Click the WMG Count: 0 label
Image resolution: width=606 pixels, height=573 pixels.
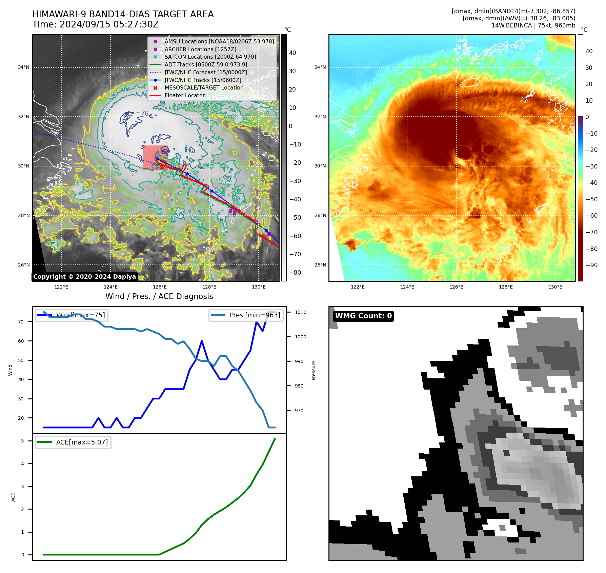tap(363, 316)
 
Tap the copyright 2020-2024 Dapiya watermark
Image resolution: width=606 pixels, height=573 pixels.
tap(84, 277)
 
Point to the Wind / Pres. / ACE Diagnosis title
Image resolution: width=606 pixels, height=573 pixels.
tap(159, 296)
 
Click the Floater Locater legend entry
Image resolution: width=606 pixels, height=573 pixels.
tap(184, 95)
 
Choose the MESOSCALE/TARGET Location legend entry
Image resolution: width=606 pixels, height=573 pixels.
tap(204, 87)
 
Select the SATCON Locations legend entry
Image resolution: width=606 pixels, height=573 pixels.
tap(210, 57)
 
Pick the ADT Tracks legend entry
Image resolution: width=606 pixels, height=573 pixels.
tap(206, 64)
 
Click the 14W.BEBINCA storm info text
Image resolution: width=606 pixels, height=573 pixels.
tap(533, 25)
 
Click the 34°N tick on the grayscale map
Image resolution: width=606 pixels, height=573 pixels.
tap(24, 67)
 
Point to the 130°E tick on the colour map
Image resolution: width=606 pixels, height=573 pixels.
tap(555, 287)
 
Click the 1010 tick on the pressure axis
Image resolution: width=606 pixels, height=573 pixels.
tap(300, 312)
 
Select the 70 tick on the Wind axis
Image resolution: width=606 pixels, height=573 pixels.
tap(21, 322)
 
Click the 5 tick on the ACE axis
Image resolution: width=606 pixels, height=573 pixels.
tap(23, 441)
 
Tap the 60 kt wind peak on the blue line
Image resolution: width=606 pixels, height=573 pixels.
tap(202, 341)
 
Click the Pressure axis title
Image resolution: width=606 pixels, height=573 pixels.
tap(314, 370)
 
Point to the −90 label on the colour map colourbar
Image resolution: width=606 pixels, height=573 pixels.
tap(591, 265)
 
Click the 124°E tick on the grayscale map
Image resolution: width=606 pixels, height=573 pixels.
tap(110, 287)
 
